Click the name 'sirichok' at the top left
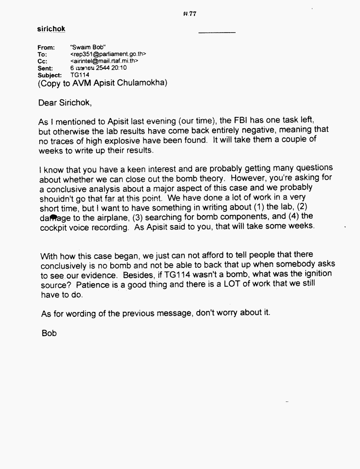pyautogui.click(x=51, y=29)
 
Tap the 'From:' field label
pyautogui.click(x=46, y=47)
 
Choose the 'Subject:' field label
pyautogui.click(x=49, y=75)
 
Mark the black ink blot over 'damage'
pyautogui.click(x=54, y=217)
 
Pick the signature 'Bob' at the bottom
pyautogui.click(x=49, y=334)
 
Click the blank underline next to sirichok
pyautogui.click(x=217, y=33)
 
